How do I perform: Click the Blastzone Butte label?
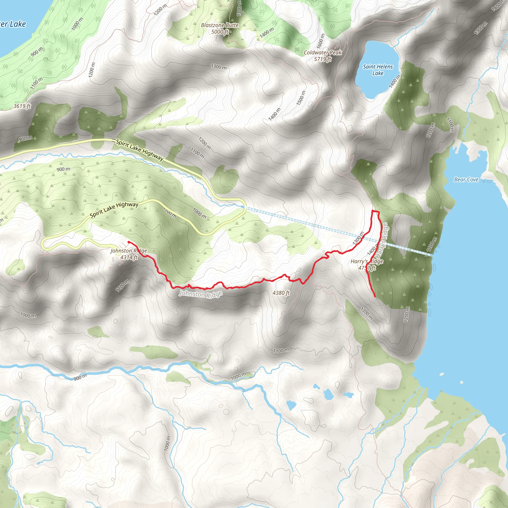220,25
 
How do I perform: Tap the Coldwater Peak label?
322,53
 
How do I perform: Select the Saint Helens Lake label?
378,70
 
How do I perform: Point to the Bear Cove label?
466,180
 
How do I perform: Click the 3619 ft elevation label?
22,106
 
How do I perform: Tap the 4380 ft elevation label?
281,293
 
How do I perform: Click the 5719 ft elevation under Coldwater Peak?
322,59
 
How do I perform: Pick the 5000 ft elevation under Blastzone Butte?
220,32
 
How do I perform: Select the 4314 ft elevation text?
129,257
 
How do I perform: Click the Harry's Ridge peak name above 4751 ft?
367,261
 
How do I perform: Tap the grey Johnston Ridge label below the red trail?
201,294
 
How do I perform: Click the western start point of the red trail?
128,241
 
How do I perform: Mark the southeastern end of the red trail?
374,297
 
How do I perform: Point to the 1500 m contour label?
301,98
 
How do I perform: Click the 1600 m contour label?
320,41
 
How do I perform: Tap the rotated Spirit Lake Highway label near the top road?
140,150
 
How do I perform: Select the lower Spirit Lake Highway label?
114,210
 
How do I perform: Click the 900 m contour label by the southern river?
80,377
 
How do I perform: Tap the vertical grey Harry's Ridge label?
382,241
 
